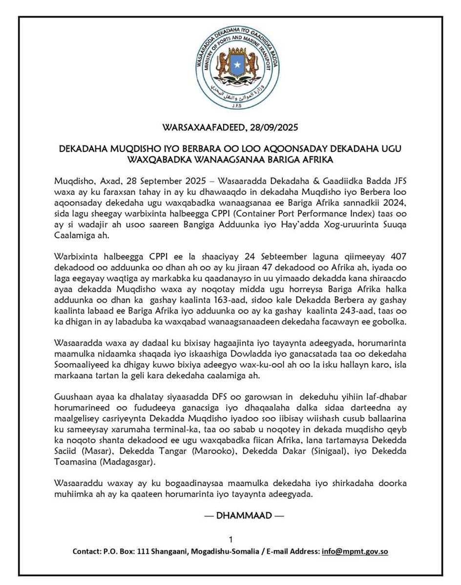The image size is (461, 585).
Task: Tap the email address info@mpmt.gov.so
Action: click(x=355, y=552)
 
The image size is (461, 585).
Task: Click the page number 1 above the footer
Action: click(x=230, y=539)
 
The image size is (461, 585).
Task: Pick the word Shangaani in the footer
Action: click(x=161, y=552)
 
